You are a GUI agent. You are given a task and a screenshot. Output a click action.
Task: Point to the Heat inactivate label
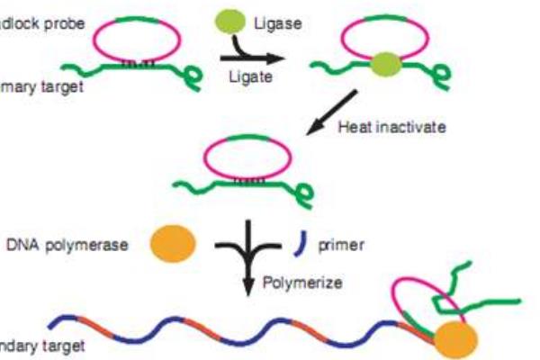[391, 128]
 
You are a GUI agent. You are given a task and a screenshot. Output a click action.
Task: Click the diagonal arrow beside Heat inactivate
[332, 112]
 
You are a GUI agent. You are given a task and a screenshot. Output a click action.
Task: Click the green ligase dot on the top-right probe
[385, 63]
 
